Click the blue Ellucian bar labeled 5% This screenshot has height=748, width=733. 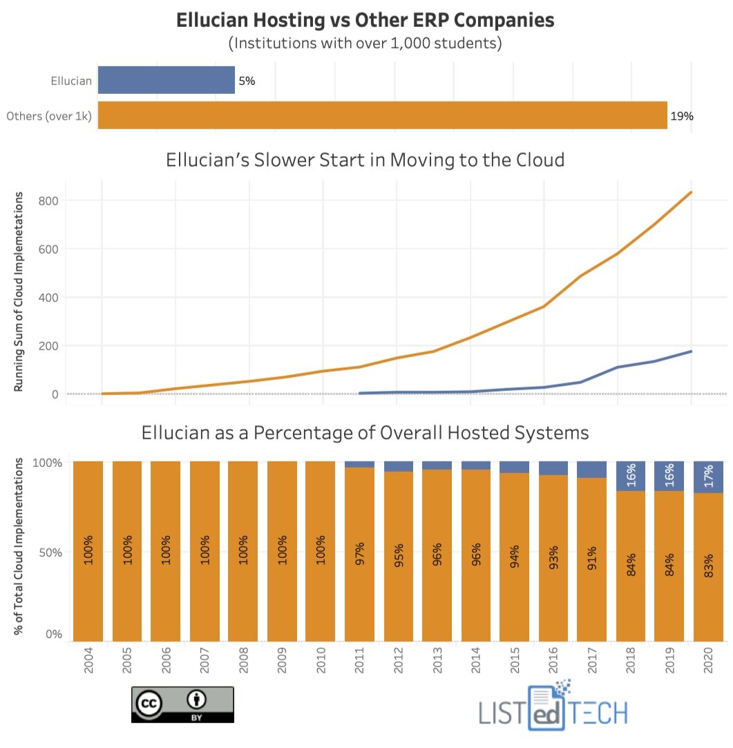pos(166,80)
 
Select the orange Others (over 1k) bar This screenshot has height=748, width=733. pos(382,115)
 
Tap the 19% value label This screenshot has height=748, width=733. pos(681,116)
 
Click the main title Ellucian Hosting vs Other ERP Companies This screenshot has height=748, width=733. pos(365,21)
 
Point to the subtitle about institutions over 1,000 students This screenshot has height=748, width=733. pos(365,44)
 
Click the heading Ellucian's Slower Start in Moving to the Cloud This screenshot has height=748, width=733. pos(365,160)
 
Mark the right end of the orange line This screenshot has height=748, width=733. pos(691,192)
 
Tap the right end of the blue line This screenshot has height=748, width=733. pos(691,352)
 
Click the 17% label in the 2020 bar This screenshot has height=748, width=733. pos(710,477)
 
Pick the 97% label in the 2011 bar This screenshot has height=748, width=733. pos(359,553)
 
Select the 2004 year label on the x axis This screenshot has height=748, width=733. pos(88,667)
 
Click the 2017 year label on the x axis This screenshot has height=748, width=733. pos(591,667)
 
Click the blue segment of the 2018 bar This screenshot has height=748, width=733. pos(631,476)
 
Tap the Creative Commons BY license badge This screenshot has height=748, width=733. pos(182,704)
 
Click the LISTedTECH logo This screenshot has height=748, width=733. pos(553,709)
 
